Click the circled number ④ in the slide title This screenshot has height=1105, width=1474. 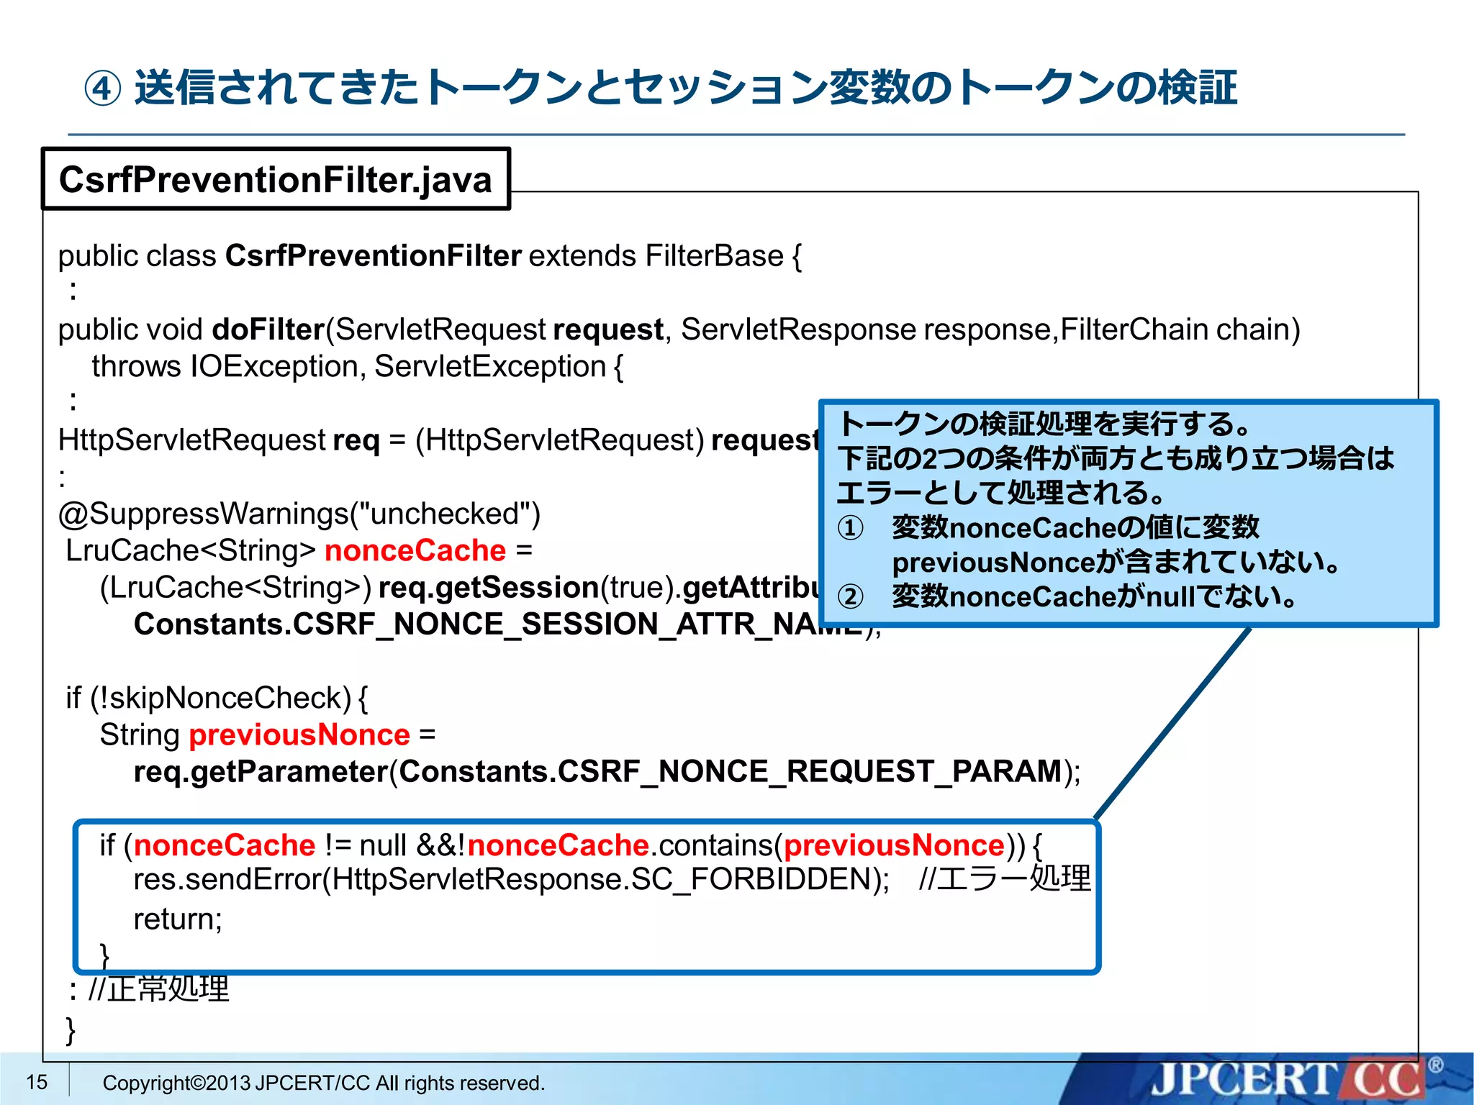pyautogui.click(x=102, y=89)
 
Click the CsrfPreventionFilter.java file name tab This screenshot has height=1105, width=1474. pyautogui.click(x=275, y=179)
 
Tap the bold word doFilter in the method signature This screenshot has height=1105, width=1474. pyautogui.click(x=268, y=329)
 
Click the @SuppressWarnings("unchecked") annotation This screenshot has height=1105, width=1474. pyautogui.click(x=299, y=514)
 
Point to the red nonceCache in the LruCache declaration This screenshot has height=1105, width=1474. pyautogui.click(x=415, y=550)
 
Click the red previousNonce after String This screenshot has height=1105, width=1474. pyautogui.click(x=299, y=735)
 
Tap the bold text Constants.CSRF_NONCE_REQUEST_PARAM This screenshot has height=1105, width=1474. pyautogui.click(x=730, y=771)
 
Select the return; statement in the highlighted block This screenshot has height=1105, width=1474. pyautogui.click(x=178, y=919)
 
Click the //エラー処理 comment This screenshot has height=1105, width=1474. pyautogui.click(x=1005, y=879)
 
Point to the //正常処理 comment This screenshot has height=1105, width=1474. pyautogui.click(x=158, y=989)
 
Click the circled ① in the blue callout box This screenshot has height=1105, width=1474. pyautogui.click(x=850, y=528)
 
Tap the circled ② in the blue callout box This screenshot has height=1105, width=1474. pyautogui.click(x=850, y=596)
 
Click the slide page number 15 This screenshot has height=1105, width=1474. pyautogui.click(x=37, y=1082)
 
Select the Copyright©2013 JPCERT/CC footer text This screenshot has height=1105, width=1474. pyautogui.click(x=323, y=1083)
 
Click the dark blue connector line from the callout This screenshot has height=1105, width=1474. pyautogui.click(x=1173, y=723)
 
